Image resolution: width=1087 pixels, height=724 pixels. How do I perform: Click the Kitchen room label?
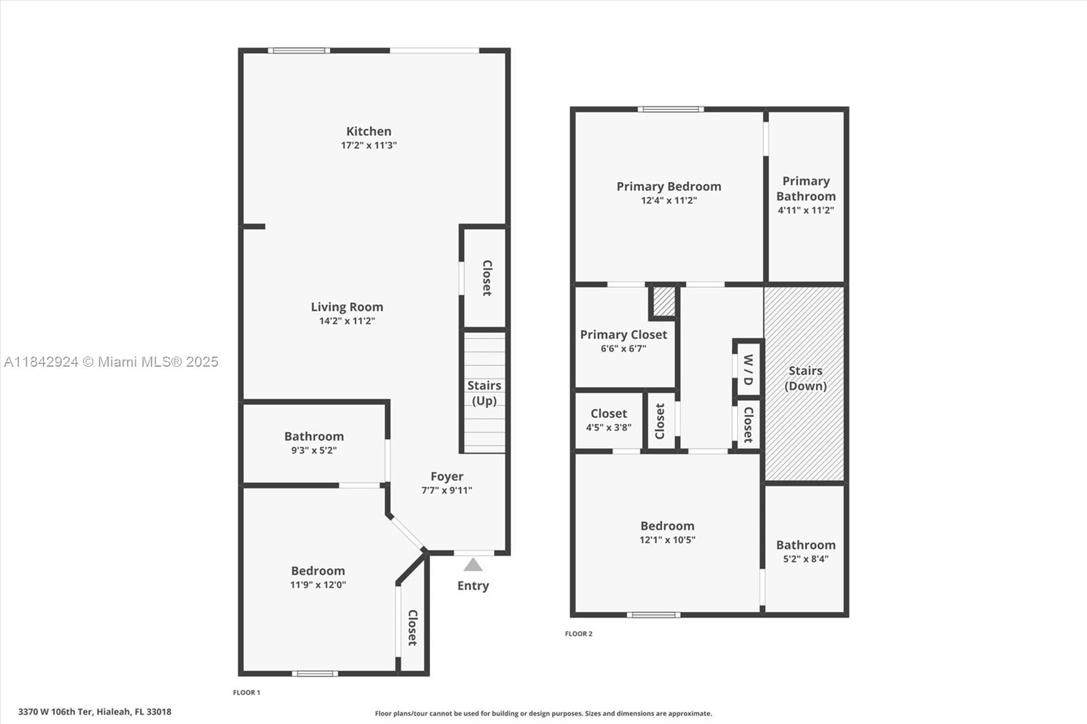pyautogui.click(x=368, y=131)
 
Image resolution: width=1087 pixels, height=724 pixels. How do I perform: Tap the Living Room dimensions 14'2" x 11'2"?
pyautogui.click(x=346, y=321)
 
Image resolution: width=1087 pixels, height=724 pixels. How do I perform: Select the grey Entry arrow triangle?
pyautogui.click(x=473, y=565)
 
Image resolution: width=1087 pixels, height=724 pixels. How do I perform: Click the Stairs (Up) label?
pyautogui.click(x=484, y=393)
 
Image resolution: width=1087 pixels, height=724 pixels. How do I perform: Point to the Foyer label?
pyautogui.click(x=446, y=476)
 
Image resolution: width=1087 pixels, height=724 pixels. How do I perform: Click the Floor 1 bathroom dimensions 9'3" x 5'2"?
pyautogui.click(x=313, y=450)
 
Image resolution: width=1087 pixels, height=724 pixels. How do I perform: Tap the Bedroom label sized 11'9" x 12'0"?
pyautogui.click(x=317, y=571)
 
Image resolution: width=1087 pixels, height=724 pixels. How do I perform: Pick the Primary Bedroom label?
pyautogui.click(x=669, y=186)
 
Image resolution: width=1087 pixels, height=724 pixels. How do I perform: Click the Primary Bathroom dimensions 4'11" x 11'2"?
pyautogui.click(x=806, y=211)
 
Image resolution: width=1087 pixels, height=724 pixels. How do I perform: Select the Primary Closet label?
pyautogui.click(x=623, y=334)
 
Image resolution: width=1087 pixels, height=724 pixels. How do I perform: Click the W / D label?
pyautogui.click(x=747, y=369)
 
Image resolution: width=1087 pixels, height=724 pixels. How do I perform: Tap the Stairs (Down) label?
pyautogui.click(x=805, y=378)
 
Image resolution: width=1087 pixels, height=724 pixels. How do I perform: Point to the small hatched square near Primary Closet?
pyautogui.click(x=664, y=301)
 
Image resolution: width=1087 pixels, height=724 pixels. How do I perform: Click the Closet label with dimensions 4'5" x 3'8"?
pyautogui.click(x=608, y=413)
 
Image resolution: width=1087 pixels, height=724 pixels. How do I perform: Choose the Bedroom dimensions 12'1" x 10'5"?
pyautogui.click(x=667, y=540)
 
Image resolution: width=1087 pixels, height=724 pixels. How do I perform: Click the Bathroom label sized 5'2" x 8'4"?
pyautogui.click(x=805, y=545)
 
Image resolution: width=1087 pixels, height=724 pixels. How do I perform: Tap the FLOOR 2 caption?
pyautogui.click(x=578, y=634)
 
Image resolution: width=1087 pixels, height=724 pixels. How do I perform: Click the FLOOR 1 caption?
pyautogui.click(x=246, y=693)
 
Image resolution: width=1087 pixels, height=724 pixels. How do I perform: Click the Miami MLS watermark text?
pyautogui.click(x=111, y=362)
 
